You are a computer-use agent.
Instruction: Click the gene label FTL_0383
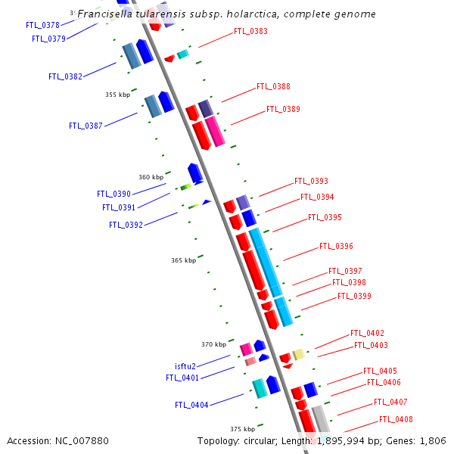pyautogui.click(x=250, y=31)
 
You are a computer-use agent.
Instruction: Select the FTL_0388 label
pyautogui.click(x=273, y=87)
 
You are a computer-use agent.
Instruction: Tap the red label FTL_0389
pyautogui.click(x=283, y=109)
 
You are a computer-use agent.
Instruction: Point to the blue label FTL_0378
pyautogui.click(x=42, y=25)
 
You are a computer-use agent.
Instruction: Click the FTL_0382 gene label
pyautogui.click(x=65, y=76)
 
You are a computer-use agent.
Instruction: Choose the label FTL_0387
pyautogui.click(x=86, y=126)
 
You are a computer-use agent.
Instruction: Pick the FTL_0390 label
pyautogui.click(x=113, y=194)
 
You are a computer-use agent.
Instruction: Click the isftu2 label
pyautogui.click(x=185, y=366)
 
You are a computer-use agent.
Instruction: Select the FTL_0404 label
pyautogui.click(x=191, y=405)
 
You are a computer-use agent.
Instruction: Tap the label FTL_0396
pyautogui.click(x=336, y=246)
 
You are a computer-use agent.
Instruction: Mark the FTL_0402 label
pyautogui.click(x=367, y=333)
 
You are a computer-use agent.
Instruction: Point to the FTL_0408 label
pyautogui.click(x=396, y=419)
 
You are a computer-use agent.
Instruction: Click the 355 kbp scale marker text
pyautogui.click(x=117, y=95)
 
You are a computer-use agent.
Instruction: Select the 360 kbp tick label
pyautogui.click(x=151, y=177)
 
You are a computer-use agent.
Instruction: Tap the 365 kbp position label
pyautogui.click(x=183, y=260)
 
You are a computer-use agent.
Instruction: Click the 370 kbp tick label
pyautogui.click(x=214, y=344)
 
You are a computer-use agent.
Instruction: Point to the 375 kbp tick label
pyautogui.click(x=243, y=429)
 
